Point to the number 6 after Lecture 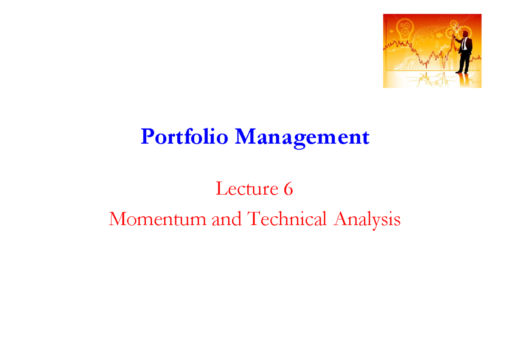click(288, 189)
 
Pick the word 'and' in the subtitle click(227, 220)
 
